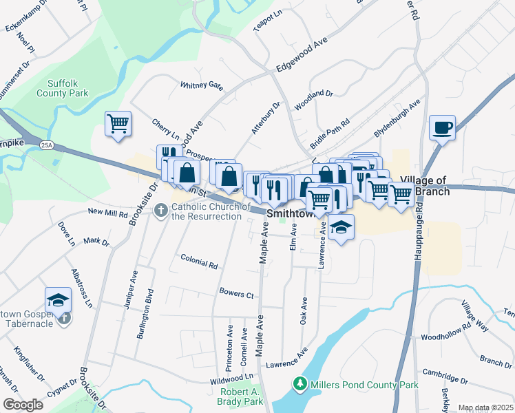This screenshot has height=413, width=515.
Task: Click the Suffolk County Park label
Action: tap(67, 87)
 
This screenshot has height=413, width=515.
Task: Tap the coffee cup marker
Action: tap(442, 127)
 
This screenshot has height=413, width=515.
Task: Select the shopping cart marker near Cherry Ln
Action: tap(118, 124)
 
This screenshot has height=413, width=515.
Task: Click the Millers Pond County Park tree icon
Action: tap(299, 383)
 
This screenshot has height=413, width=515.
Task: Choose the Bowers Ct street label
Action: tap(237, 294)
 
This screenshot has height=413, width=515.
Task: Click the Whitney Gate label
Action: tap(202, 85)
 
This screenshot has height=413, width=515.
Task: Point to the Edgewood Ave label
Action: tap(301, 55)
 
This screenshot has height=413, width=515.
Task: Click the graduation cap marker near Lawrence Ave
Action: tap(340, 227)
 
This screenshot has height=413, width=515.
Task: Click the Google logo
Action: tap(23, 405)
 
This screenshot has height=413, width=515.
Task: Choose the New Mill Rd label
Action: tap(108, 213)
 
